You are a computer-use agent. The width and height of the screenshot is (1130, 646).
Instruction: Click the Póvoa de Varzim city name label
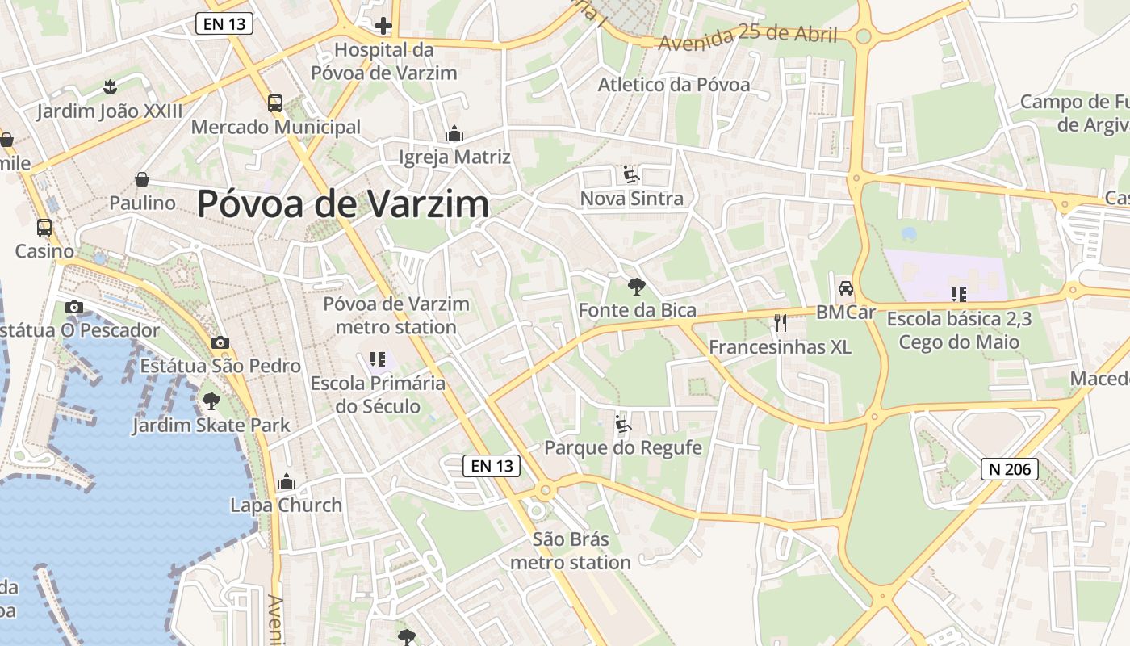tap(343, 203)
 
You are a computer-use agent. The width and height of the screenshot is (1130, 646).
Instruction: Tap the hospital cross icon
tap(383, 27)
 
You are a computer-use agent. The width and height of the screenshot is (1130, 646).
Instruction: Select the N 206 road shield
tap(1009, 468)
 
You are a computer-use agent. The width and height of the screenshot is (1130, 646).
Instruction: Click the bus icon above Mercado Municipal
tap(275, 103)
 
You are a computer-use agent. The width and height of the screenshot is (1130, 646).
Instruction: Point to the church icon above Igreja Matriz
tap(454, 133)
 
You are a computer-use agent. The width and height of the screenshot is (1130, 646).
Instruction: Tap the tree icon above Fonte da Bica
tap(636, 286)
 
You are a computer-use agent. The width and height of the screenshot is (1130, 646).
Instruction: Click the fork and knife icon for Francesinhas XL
tap(780, 323)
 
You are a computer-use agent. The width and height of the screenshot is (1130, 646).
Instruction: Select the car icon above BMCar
tap(845, 288)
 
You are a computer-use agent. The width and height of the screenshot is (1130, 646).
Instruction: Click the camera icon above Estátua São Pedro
tap(220, 343)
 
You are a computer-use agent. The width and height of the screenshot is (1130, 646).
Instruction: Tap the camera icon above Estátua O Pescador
tap(74, 307)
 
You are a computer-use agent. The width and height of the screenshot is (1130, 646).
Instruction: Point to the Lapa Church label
tap(287, 505)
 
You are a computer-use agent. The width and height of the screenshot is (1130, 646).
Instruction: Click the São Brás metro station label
tap(571, 551)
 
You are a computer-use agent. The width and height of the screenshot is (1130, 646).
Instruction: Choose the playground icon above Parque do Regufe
tap(622, 424)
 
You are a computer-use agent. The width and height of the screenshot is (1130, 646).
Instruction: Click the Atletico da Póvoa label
tap(674, 85)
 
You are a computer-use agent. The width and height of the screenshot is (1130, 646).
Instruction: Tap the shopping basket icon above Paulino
tap(142, 179)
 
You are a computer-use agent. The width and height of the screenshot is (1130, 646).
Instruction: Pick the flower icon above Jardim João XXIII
tap(110, 86)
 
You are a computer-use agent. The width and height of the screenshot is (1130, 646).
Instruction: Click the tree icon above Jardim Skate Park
tap(211, 401)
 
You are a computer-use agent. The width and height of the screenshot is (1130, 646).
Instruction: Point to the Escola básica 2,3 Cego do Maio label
tap(959, 330)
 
